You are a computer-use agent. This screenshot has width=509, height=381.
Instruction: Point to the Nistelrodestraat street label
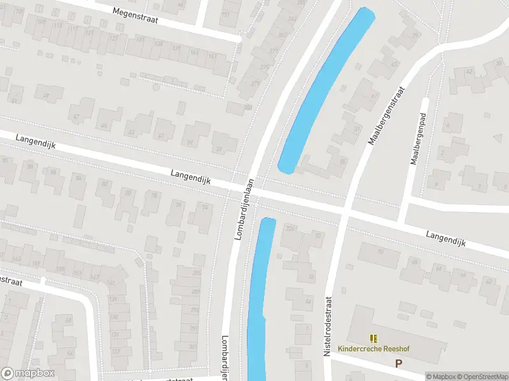pyautogui.click(x=329, y=324)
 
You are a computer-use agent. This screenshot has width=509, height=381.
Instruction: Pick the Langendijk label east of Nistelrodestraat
pyautogui.click(x=445, y=239)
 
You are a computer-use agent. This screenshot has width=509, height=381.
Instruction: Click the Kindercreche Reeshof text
pyautogui.click(x=374, y=349)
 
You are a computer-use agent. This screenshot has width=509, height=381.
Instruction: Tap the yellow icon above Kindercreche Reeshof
pyautogui.click(x=373, y=338)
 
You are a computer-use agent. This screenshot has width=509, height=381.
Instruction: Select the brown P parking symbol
pyautogui.click(x=399, y=364)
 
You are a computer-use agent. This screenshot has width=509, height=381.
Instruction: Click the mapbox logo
pyautogui.click(x=28, y=373)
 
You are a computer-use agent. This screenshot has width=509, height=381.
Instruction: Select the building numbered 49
pyautogui.click(x=46, y=96)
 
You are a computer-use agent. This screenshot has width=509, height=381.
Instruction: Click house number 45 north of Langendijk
pyautogui.click(x=104, y=125)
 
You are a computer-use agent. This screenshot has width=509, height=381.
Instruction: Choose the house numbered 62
pyautogui.click(x=489, y=281)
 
